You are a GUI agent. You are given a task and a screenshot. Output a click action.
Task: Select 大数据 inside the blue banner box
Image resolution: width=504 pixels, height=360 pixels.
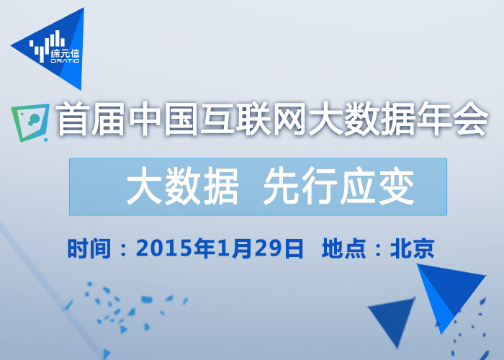[183, 187]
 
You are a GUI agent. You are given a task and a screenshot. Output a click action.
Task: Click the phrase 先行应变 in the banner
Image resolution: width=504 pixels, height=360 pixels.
[338, 187]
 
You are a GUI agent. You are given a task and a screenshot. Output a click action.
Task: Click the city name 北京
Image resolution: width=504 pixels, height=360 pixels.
[412, 249]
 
